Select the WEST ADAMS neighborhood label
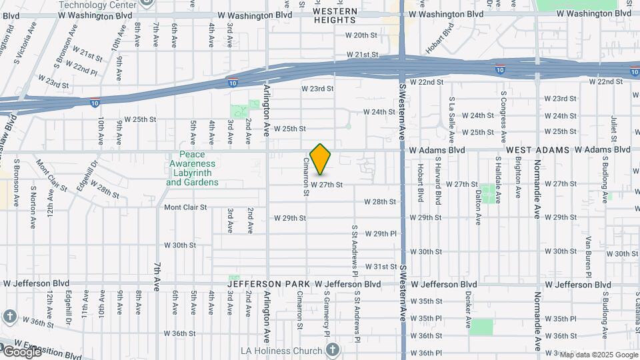coord(537,150)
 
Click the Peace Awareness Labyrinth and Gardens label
coord(192,173)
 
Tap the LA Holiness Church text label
coord(281,350)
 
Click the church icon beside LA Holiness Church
coord(332,349)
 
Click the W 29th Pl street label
coord(386,233)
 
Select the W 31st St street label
coord(385,266)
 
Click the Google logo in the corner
coord(21,352)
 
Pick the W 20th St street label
coord(361,35)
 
